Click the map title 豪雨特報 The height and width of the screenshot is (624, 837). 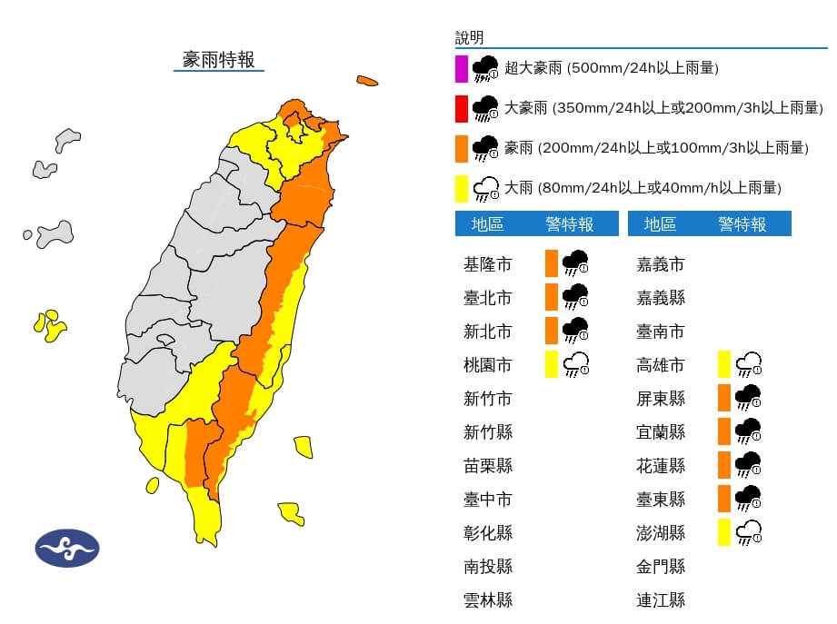[x=218, y=59]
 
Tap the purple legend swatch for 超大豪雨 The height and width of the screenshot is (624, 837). [x=462, y=68]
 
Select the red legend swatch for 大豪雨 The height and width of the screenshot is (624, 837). [x=462, y=108]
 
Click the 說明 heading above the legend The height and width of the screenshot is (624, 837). [x=469, y=37]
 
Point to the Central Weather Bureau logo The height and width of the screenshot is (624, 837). [x=67, y=549]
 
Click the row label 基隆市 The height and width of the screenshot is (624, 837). [x=487, y=264]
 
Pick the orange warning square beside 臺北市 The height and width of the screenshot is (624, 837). [x=551, y=297]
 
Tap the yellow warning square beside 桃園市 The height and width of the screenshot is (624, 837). [x=551, y=364]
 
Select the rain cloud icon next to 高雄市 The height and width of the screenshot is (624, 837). [x=749, y=364]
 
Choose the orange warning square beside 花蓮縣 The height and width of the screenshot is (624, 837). [x=723, y=465]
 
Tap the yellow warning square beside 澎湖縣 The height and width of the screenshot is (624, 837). [x=723, y=531]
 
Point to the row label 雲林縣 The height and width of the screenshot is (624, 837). [x=487, y=599]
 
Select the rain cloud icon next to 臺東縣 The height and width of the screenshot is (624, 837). [x=749, y=498]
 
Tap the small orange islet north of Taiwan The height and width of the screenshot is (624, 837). [x=367, y=81]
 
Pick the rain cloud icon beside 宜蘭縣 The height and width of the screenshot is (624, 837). [x=749, y=431]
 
